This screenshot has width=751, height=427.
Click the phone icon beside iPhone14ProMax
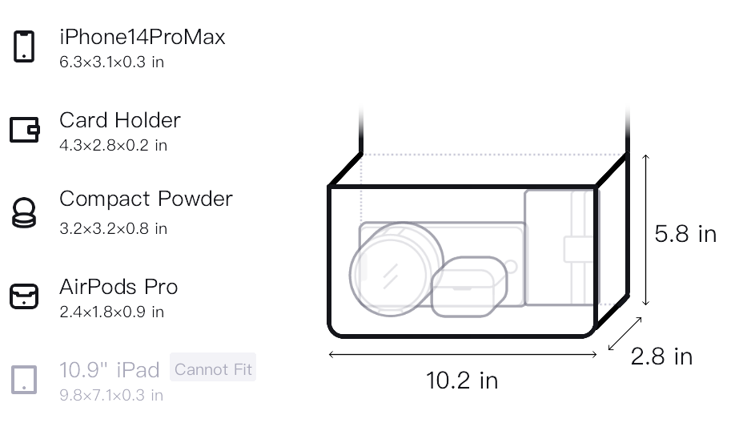[x=24, y=46]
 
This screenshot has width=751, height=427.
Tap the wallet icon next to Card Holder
[x=25, y=130]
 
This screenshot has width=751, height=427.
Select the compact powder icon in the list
[x=24, y=212]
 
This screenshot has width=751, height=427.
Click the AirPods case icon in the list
[x=24, y=296]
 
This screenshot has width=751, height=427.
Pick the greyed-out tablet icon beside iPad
[x=24, y=380]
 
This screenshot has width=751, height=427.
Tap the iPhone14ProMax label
[x=143, y=37]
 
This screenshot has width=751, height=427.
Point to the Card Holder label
[x=120, y=120]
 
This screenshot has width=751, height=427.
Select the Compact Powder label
[x=146, y=199]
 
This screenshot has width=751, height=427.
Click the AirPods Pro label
[x=118, y=287]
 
